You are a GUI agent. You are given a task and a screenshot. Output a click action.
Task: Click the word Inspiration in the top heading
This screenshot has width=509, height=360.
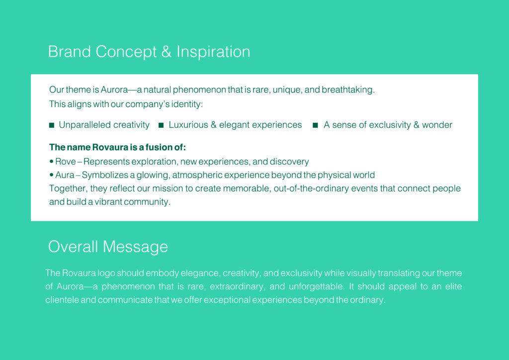(x=213, y=52)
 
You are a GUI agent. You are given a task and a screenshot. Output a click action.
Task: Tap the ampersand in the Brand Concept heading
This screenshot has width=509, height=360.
(x=166, y=52)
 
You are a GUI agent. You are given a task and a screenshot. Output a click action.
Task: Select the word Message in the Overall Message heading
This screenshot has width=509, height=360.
(x=135, y=247)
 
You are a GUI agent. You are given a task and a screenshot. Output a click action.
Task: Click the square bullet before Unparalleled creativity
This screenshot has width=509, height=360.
(x=52, y=125)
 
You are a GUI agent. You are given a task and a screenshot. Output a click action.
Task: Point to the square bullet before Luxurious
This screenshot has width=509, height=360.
(x=161, y=125)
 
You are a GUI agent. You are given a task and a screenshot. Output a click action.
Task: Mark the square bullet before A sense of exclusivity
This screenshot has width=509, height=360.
(x=315, y=125)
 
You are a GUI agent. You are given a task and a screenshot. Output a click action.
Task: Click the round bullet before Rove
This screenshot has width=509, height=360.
(x=51, y=161)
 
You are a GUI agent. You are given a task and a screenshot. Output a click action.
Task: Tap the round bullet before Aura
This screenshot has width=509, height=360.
(x=51, y=175)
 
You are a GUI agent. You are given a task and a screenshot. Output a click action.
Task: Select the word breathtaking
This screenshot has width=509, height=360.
(x=348, y=90)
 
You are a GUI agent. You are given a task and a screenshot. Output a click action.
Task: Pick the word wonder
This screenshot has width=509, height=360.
(x=437, y=125)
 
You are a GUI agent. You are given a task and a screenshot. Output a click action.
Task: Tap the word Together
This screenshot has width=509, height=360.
(x=69, y=188)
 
